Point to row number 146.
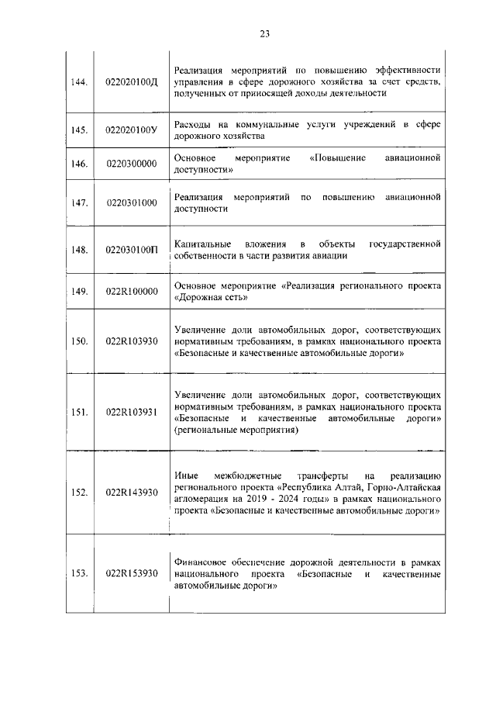tap(78, 164)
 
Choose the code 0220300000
tap(131, 164)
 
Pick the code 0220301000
tap(131, 203)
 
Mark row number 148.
tap(78, 250)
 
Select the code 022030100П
tap(131, 250)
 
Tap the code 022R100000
tap(131, 292)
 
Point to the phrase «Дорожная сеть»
tap(212, 297)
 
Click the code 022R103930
tap(131, 341)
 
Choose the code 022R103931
tap(131, 412)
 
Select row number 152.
tap(78, 492)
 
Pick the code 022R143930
tap(131, 492)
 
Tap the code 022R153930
tap(131, 573)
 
